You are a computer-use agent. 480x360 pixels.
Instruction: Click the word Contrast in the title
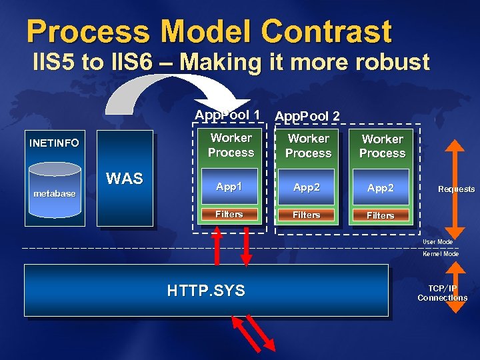coord(326,31)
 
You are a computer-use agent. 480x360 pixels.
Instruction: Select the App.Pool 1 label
coord(227,115)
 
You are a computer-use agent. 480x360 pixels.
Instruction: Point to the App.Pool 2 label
coord(307,116)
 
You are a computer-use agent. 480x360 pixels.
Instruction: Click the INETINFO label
coord(54,143)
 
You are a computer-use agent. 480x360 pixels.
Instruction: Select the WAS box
coord(125,179)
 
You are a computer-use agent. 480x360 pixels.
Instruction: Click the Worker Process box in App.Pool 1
coord(231,145)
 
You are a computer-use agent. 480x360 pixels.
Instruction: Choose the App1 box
coord(229,187)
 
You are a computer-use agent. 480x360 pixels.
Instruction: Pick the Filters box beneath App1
coord(229,215)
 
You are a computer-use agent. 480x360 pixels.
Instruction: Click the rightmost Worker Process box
coord(382,147)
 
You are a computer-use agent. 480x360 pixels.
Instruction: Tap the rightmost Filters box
coord(381,215)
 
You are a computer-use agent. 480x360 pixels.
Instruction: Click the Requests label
coord(456,189)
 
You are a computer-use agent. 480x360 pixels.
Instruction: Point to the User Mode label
coord(437,241)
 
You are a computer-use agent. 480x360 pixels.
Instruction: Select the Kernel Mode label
coord(440,254)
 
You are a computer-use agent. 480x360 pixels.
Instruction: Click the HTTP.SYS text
coord(206,291)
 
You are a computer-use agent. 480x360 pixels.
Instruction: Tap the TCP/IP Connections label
coord(442,293)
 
